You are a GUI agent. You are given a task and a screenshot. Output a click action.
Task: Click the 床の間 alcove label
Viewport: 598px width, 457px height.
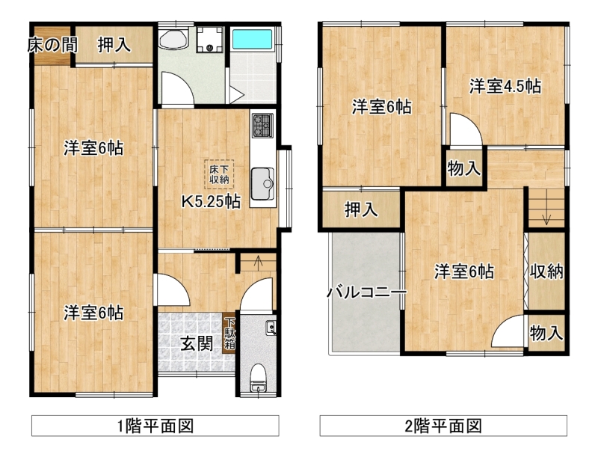52,45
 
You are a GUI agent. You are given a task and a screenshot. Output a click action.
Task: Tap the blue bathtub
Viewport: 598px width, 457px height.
252,40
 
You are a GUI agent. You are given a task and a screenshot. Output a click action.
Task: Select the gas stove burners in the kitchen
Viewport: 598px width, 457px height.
262,126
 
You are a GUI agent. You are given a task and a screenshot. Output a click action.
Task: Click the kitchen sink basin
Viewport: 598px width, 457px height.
263,183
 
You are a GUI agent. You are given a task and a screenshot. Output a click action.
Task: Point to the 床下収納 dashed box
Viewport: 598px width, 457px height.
219,174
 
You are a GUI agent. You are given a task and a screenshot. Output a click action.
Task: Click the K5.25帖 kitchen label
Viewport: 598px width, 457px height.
211,201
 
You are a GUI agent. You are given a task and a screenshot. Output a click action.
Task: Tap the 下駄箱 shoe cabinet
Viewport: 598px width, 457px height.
229,333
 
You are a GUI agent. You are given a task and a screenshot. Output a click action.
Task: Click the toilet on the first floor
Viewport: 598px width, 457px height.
258,378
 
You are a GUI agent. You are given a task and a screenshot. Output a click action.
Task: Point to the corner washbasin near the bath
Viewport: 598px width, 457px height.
173,39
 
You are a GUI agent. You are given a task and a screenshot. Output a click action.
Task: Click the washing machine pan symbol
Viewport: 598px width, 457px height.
209,40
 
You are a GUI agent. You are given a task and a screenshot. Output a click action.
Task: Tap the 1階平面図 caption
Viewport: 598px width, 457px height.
155,426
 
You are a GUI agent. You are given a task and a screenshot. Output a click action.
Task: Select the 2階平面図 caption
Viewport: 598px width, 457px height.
443,426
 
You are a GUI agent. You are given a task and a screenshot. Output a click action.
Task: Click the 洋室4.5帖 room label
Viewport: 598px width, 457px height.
505,86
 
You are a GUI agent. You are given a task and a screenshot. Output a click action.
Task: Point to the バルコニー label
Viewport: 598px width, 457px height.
366,292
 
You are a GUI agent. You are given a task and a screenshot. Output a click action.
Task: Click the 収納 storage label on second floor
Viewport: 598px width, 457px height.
546,272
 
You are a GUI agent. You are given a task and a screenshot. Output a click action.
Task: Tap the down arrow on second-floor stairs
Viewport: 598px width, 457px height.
547,219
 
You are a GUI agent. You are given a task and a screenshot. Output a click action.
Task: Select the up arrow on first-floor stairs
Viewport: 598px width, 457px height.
258,261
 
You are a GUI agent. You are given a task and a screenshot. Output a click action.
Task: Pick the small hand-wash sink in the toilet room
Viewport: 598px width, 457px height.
271,328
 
